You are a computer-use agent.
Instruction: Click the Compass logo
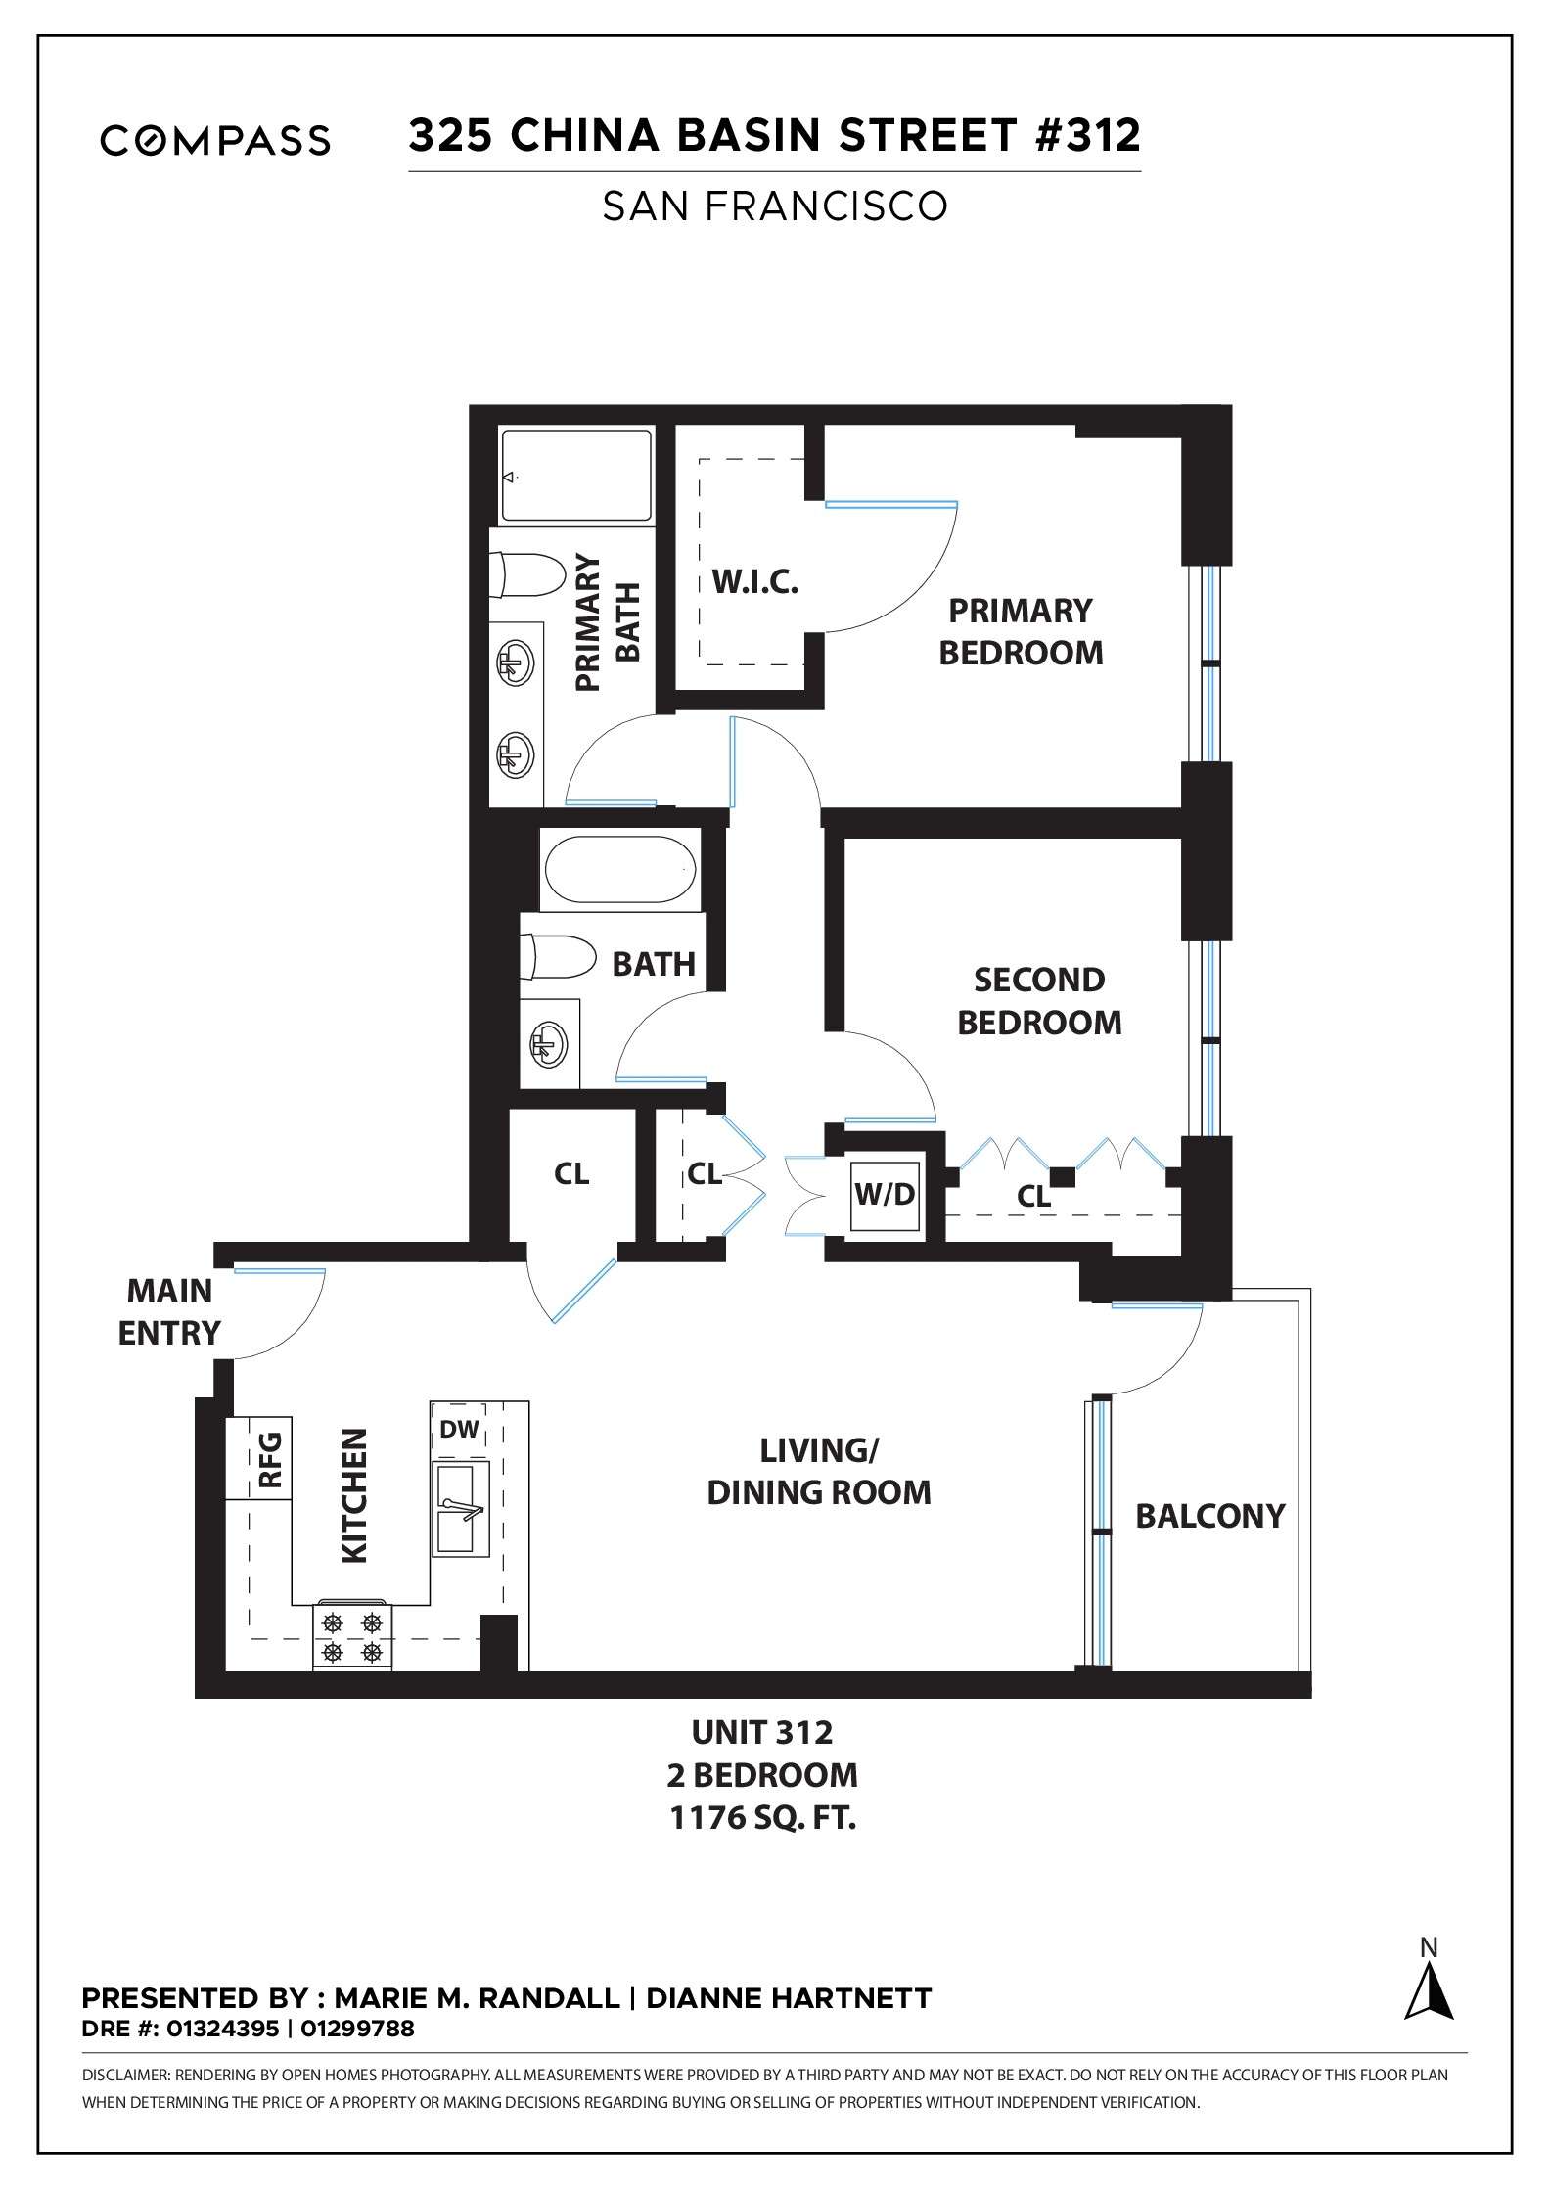[x=215, y=140]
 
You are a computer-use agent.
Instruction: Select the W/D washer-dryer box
[x=885, y=1195]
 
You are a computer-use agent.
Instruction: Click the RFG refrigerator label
[x=270, y=1459]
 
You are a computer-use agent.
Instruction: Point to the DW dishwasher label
[x=459, y=1430]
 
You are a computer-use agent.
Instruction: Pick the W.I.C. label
[x=755, y=583]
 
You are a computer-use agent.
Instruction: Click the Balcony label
[x=1209, y=1516]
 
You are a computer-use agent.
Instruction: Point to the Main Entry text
[x=169, y=1311]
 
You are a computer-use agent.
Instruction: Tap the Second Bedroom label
[x=1039, y=1001]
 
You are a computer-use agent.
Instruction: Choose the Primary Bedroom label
[x=1021, y=631]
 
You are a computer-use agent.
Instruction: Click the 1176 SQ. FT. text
[x=762, y=1818]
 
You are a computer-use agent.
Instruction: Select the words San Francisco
[x=775, y=206]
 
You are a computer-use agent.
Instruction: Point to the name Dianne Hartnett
[x=789, y=1998]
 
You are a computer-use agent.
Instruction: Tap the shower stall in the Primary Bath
[x=576, y=476]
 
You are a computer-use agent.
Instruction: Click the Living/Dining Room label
[x=819, y=1471]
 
